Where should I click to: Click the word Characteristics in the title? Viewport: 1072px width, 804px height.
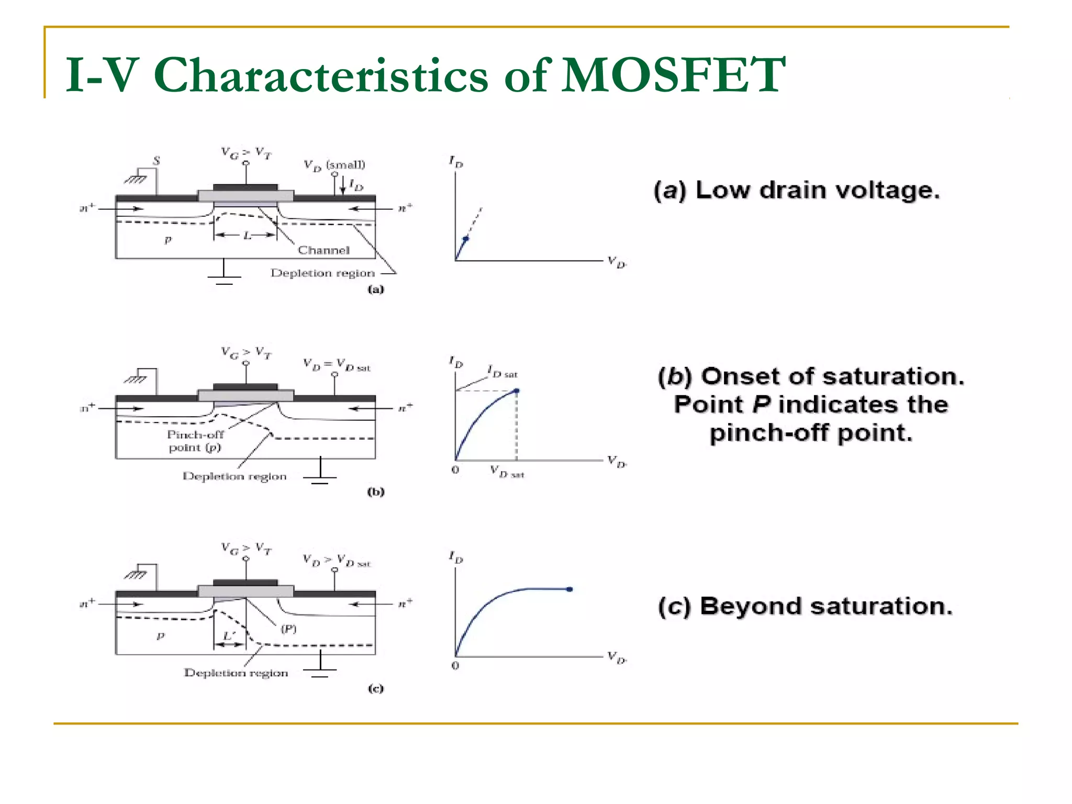[x=320, y=75]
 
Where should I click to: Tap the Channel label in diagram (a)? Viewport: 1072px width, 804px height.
[x=323, y=250]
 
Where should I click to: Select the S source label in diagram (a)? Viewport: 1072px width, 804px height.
[x=156, y=161]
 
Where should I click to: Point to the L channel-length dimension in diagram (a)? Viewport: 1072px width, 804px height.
[x=247, y=236]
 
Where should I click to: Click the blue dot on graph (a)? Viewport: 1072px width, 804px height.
[x=466, y=239]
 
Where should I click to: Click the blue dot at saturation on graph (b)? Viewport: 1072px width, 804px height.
[x=517, y=390]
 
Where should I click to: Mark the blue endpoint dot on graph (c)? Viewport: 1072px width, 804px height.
[x=569, y=589]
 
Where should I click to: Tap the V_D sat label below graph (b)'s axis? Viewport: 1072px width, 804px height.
[x=507, y=472]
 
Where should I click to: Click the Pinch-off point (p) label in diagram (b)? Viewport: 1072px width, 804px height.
[x=195, y=441]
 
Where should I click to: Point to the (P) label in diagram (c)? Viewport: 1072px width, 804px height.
[x=288, y=629]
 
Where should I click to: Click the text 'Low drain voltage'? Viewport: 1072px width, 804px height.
[x=817, y=190]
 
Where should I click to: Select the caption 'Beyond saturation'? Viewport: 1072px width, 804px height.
[x=825, y=606]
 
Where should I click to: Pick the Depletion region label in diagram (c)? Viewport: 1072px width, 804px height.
[x=236, y=673]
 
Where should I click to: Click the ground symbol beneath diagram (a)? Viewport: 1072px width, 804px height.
[x=224, y=277]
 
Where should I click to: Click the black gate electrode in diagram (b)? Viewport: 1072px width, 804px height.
[x=245, y=387]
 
